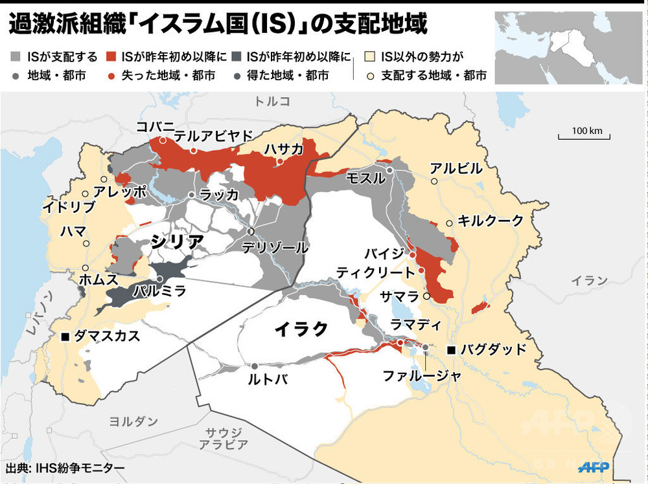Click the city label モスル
click(x=365, y=179)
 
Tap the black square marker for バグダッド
click(x=451, y=350)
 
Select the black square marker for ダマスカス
click(x=65, y=336)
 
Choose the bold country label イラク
click(x=301, y=329)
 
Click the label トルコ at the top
click(x=272, y=101)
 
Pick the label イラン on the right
click(x=590, y=280)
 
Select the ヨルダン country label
click(x=133, y=421)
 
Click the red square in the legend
click(x=111, y=57)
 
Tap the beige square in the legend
click(x=371, y=57)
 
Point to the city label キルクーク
click(x=490, y=221)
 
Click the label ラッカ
click(x=219, y=195)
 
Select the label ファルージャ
click(x=413, y=375)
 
